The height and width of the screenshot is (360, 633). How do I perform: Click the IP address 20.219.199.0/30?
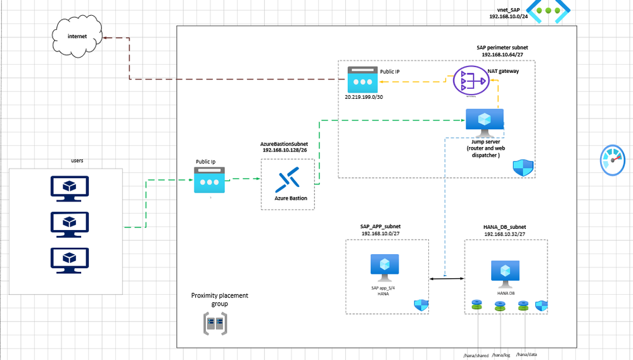coord(364,98)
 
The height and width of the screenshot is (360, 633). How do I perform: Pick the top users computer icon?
coord(70,188)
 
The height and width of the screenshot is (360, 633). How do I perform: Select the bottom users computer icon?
coord(70,260)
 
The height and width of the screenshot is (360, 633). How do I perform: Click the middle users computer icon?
coord(70,224)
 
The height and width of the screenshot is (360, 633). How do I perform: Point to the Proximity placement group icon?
coord(214,324)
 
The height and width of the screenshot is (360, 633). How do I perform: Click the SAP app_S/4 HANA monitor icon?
coord(384,268)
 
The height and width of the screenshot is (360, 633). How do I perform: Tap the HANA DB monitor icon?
coord(505,273)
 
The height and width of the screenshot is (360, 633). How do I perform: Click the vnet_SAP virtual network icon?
coord(548,12)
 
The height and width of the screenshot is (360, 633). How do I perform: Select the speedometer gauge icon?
coord(613,159)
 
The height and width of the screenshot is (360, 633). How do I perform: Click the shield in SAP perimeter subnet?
coord(523,167)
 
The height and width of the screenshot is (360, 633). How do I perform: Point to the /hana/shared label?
coord(475,356)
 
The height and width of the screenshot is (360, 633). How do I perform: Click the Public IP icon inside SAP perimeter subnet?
coord(362,80)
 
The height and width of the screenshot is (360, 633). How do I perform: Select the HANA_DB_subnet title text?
coord(504,227)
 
